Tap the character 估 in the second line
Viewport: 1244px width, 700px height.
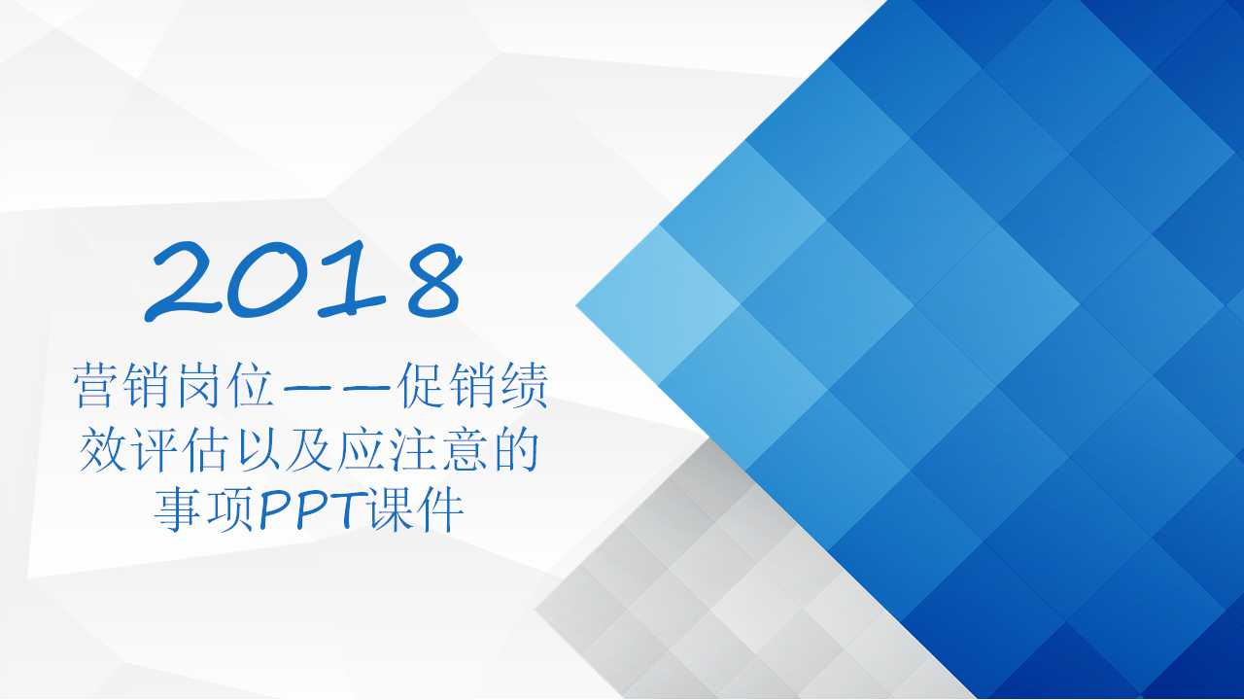(199, 450)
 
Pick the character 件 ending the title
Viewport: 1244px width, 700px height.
(439, 511)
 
